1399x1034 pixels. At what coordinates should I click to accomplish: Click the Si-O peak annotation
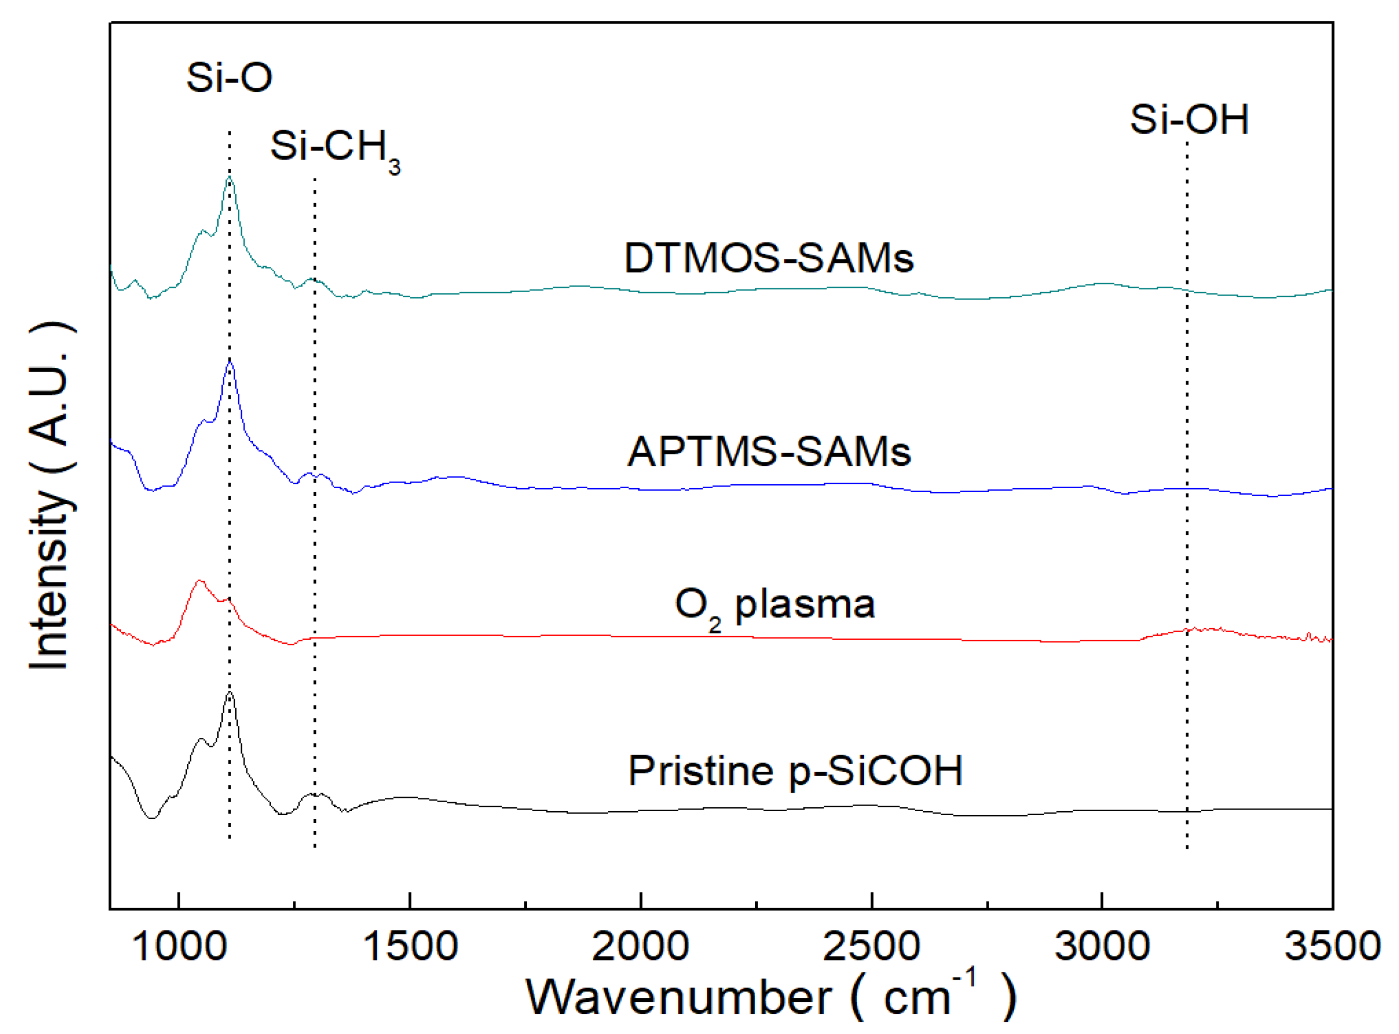coord(229,78)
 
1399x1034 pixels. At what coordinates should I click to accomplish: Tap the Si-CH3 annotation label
coord(335,148)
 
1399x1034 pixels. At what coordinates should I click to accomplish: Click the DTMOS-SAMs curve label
coord(769,258)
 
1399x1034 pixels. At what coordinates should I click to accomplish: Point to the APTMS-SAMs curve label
coord(769,451)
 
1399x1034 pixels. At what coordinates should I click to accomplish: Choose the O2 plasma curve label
coord(774,605)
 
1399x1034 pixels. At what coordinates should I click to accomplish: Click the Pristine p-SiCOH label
coord(795,771)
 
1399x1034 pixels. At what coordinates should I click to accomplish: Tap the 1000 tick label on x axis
coord(180,946)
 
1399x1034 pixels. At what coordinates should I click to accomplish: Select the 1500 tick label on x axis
coord(410,946)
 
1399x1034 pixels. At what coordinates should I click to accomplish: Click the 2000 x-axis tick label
coord(640,946)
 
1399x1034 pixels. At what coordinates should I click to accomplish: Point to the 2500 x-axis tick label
coord(871,946)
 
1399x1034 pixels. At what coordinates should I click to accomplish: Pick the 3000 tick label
coord(1102,946)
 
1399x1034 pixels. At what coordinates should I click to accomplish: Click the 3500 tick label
coord(1332,946)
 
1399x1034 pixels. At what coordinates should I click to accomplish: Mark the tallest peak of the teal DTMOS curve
coord(230,178)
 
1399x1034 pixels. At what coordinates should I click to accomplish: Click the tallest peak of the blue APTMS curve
coord(230,362)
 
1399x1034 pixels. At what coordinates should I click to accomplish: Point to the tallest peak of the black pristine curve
coord(230,693)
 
